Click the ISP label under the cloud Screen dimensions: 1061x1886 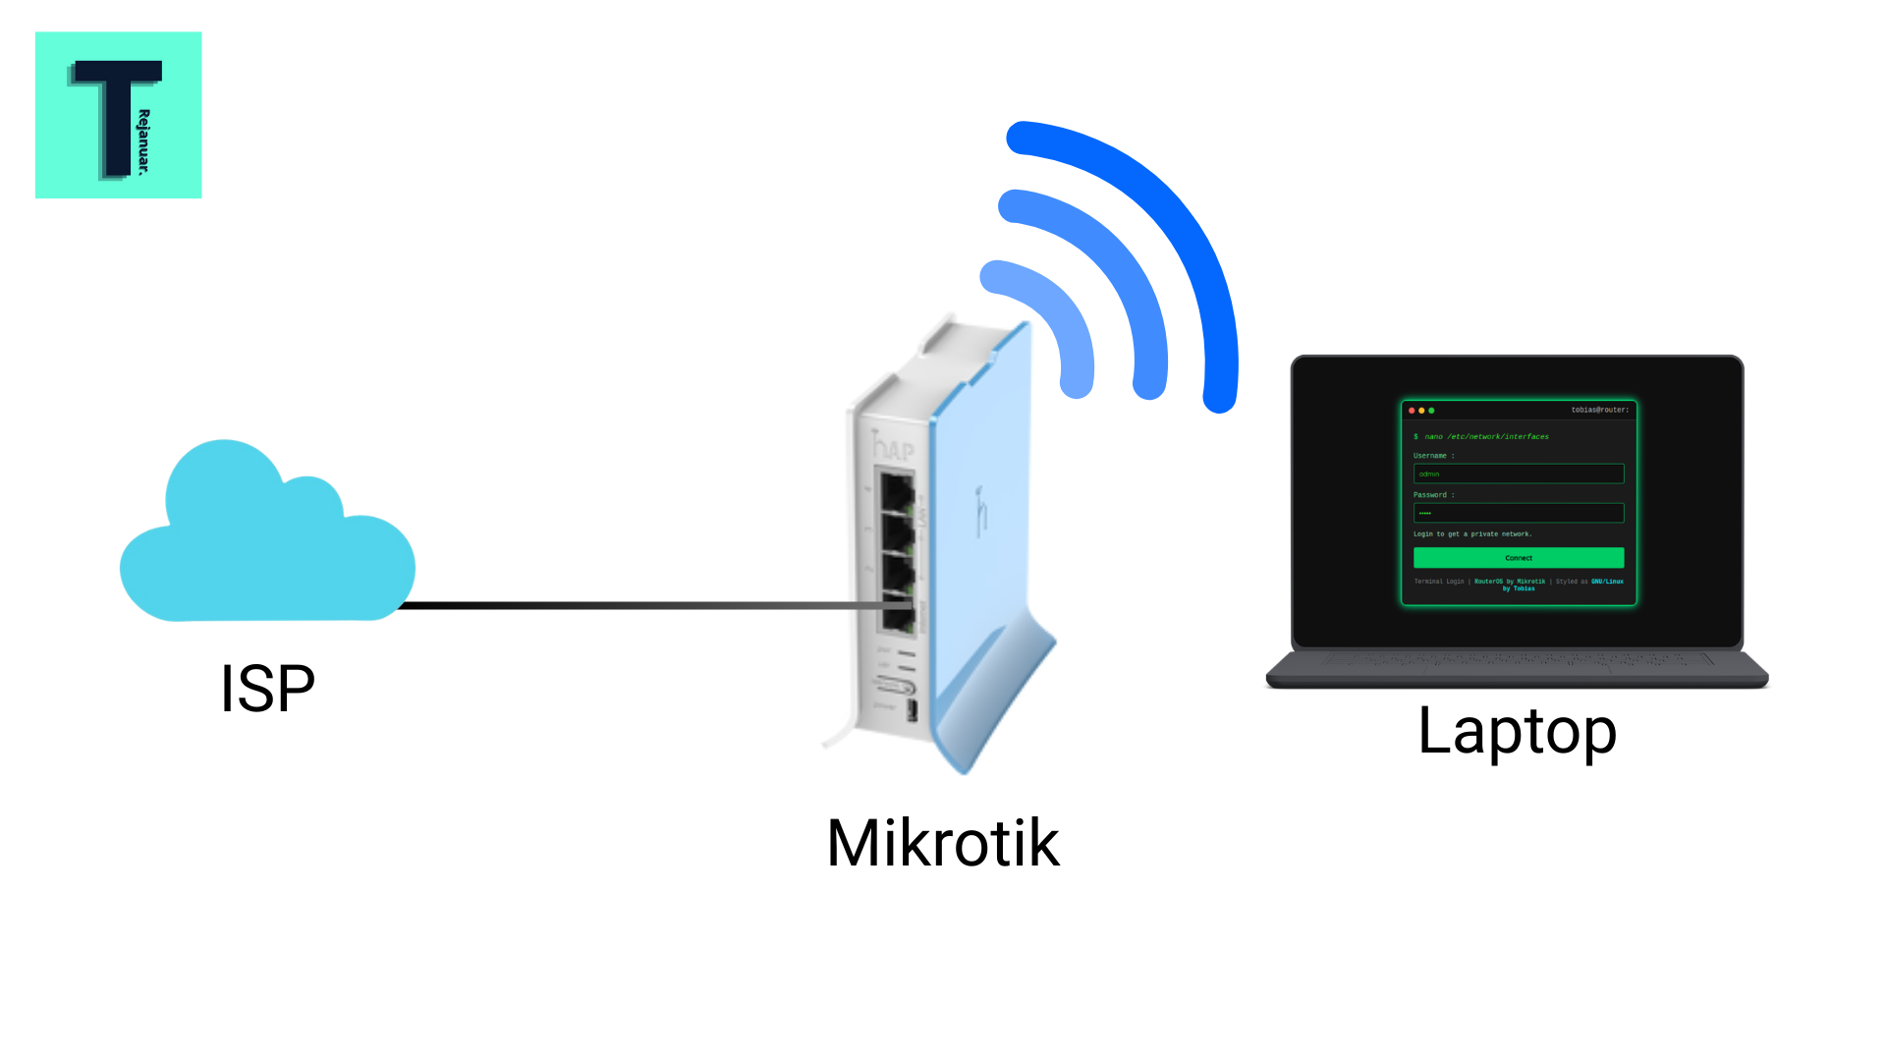267,689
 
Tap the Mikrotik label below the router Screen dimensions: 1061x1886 943,843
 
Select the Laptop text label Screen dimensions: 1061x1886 1517,731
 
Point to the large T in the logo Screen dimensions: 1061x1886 116,113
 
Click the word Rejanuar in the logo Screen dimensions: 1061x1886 144,141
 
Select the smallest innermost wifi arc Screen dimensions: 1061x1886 1061,314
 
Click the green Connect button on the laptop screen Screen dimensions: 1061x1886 1518,558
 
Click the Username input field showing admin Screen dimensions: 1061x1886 1518,474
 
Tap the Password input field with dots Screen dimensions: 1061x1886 1518,513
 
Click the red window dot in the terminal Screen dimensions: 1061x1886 1412,411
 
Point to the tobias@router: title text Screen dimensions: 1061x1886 1599,410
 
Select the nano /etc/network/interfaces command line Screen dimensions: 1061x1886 1485,436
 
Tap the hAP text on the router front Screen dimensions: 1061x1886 894,448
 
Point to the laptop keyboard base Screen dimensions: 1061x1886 1517,670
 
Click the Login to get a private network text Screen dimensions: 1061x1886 1472,534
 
